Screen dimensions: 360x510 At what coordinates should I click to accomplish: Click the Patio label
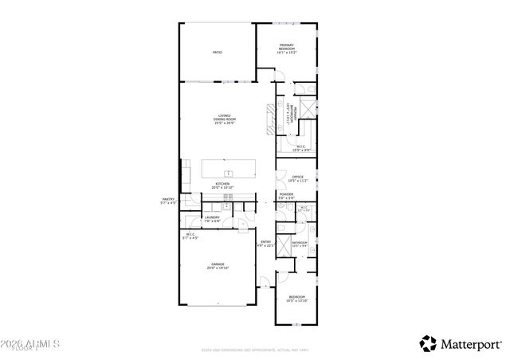(217, 53)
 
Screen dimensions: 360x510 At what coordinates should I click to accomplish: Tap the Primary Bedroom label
(287, 49)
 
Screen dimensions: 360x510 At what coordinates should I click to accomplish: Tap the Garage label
(218, 267)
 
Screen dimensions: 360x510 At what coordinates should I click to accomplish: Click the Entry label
(266, 244)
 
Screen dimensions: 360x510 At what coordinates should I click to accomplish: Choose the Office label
(298, 178)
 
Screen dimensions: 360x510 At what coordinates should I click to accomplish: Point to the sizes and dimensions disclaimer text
(255, 349)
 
